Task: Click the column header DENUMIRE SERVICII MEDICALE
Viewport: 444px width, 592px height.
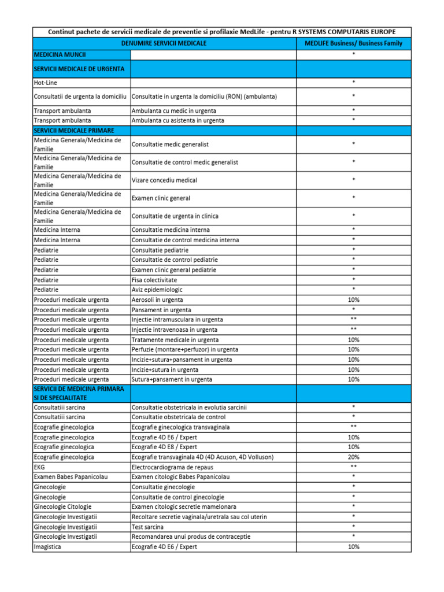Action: (x=164, y=43)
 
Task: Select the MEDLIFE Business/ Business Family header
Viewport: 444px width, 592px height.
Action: (x=353, y=43)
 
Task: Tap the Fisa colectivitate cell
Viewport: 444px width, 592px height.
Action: (x=154, y=279)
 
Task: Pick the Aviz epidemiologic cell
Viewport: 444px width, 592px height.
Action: (x=157, y=289)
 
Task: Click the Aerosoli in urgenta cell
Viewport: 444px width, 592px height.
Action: (x=157, y=299)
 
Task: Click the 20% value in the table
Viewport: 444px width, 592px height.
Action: (x=353, y=457)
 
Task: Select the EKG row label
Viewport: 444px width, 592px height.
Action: (x=39, y=467)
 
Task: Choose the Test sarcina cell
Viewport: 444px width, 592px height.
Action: (x=147, y=527)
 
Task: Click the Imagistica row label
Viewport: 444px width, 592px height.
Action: (x=49, y=546)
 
